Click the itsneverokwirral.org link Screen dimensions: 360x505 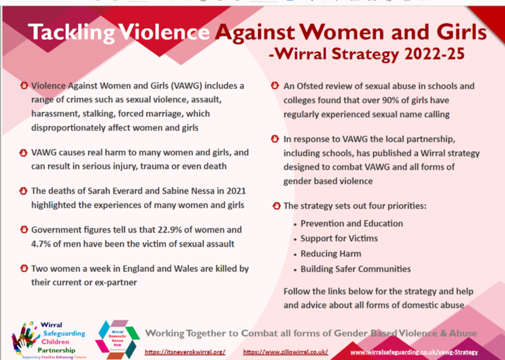185,352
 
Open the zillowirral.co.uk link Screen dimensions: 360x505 286,352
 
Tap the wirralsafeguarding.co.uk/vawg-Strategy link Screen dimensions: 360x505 414,352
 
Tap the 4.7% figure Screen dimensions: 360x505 41,244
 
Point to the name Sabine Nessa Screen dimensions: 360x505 188,191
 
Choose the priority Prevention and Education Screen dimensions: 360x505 352,223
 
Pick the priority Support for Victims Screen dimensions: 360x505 339,239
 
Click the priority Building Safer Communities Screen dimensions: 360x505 356,269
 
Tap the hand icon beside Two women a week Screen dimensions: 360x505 23,269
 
